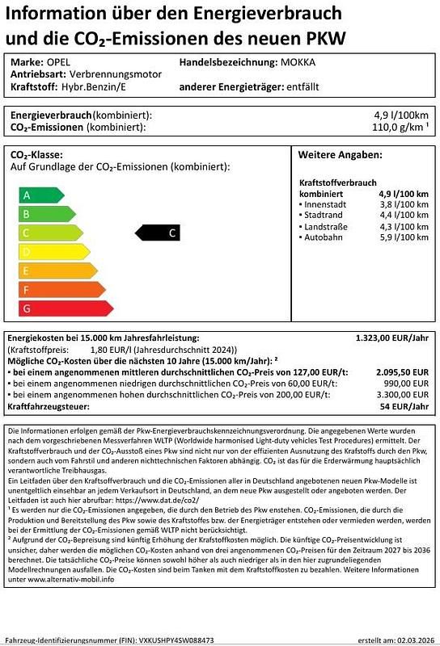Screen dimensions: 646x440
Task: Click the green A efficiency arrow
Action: (40, 195)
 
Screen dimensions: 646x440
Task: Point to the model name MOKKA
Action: (298, 62)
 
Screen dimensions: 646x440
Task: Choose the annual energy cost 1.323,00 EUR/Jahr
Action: (392, 338)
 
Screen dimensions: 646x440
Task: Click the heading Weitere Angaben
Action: (340, 155)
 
